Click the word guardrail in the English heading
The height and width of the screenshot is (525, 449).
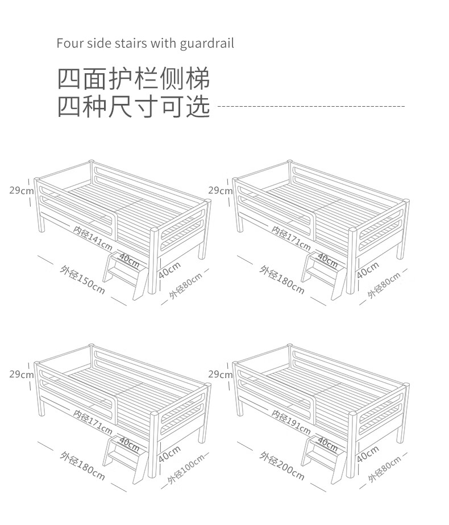point(206,44)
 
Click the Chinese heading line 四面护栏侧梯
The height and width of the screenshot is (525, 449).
point(134,79)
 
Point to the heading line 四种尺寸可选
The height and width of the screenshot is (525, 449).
point(134,106)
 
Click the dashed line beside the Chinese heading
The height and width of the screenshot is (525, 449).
point(311,107)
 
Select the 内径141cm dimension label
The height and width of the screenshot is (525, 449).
point(93,238)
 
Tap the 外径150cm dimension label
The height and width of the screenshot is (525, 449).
point(82,280)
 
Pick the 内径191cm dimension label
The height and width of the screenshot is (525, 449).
point(291,422)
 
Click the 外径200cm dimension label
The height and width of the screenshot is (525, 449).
point(282,466)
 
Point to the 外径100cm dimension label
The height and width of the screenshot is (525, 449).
point(185,469)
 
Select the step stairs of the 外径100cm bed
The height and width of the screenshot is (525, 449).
point(126,460)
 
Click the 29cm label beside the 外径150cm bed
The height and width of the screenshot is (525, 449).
point(22,191)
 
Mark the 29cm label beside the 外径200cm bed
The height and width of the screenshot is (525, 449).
point(221,375)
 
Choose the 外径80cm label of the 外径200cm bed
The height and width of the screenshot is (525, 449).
point(384,469)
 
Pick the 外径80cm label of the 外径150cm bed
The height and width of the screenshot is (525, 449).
point(185,285)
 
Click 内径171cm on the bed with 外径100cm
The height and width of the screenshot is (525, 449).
point(93,422)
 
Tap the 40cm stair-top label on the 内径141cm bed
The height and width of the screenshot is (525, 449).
point(129,261)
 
